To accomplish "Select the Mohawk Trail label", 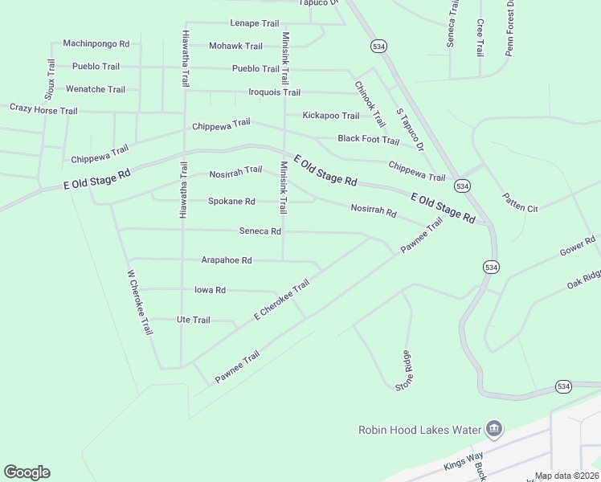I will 235,46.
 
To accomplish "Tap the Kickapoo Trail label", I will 331,116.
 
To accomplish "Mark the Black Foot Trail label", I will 368,140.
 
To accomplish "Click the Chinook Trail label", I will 370,104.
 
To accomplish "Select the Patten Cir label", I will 520,202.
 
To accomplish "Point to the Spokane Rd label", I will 231,201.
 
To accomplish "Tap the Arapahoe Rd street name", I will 227,260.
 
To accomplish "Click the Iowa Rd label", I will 210,290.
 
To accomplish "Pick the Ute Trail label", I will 193,320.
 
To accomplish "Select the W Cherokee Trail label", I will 139,302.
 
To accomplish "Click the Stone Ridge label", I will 403,371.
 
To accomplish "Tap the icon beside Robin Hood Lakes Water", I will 493,430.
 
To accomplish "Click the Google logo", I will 27,472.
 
